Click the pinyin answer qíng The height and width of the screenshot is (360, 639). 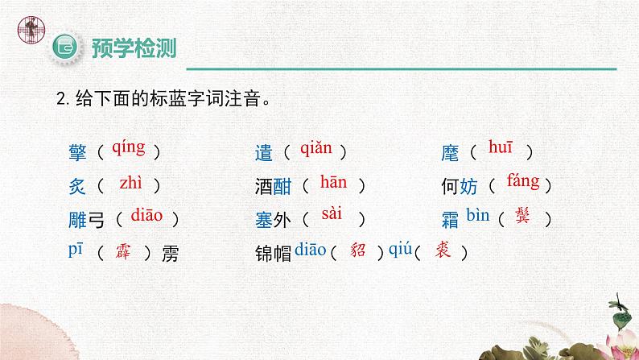(128, 147)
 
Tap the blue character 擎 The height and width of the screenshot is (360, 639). (78, 151)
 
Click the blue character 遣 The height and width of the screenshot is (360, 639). (263, 151)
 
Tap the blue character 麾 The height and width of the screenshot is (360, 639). (450, 151)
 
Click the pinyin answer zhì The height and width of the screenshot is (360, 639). (130, 182)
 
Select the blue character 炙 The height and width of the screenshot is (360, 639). (78, 186)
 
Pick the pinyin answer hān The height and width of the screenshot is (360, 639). (332, 182)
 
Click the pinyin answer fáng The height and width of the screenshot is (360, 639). (523, 181)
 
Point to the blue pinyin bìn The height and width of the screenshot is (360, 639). (478, 215)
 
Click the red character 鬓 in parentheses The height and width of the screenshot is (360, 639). (526, 217)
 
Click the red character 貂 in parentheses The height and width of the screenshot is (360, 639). (359, 250)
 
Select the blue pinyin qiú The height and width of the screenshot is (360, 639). (400, 250)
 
